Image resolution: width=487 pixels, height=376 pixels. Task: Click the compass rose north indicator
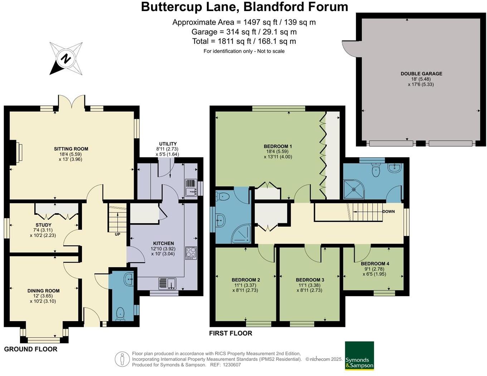click(x=65, y=58)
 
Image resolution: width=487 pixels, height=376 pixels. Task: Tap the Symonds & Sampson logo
click(x=359, y=356)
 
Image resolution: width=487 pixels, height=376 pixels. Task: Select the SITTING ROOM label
click(x=71, y=149)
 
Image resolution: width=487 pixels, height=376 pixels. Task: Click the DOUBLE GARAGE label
click(x=421, y=73)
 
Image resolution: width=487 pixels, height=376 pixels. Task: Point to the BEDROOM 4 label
click(x=375, y=263)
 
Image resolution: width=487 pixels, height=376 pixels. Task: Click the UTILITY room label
click(x=168, y=144)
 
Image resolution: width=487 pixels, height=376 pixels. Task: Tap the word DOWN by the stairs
click(x=388, y=211)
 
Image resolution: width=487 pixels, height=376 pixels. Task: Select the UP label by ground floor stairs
click(x=117, y=234)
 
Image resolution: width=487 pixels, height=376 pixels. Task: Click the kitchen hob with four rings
click(x=191, y=253)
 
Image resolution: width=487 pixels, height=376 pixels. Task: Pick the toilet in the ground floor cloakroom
click(x=120, y=314)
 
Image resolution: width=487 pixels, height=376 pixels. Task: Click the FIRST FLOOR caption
click(x=230, y=333)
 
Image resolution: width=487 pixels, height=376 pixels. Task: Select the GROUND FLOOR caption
click(x=31, y=349)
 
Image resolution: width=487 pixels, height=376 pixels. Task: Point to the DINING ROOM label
click(x=43, y=291)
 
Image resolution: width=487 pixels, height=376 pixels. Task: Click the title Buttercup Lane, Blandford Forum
click(x=244, y=7)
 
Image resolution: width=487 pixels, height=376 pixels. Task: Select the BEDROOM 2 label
click(x=245, y=280)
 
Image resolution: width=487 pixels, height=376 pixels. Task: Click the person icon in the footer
click(x=122, y=359)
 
